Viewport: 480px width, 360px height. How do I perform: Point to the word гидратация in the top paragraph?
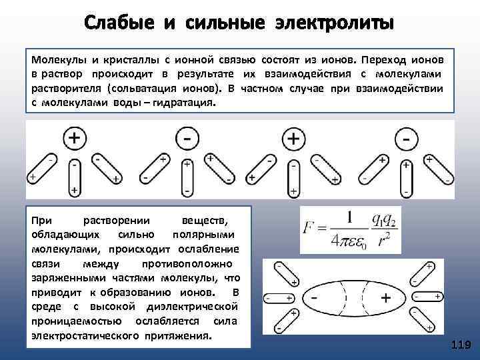(182, 104)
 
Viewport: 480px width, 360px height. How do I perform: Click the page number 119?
(461, 345)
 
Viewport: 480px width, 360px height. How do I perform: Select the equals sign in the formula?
(325, 229)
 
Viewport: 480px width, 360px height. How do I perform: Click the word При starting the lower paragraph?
(41, 220)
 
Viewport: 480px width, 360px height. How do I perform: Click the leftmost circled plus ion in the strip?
(75, 138)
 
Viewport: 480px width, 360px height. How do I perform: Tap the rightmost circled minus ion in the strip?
(406, 139)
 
